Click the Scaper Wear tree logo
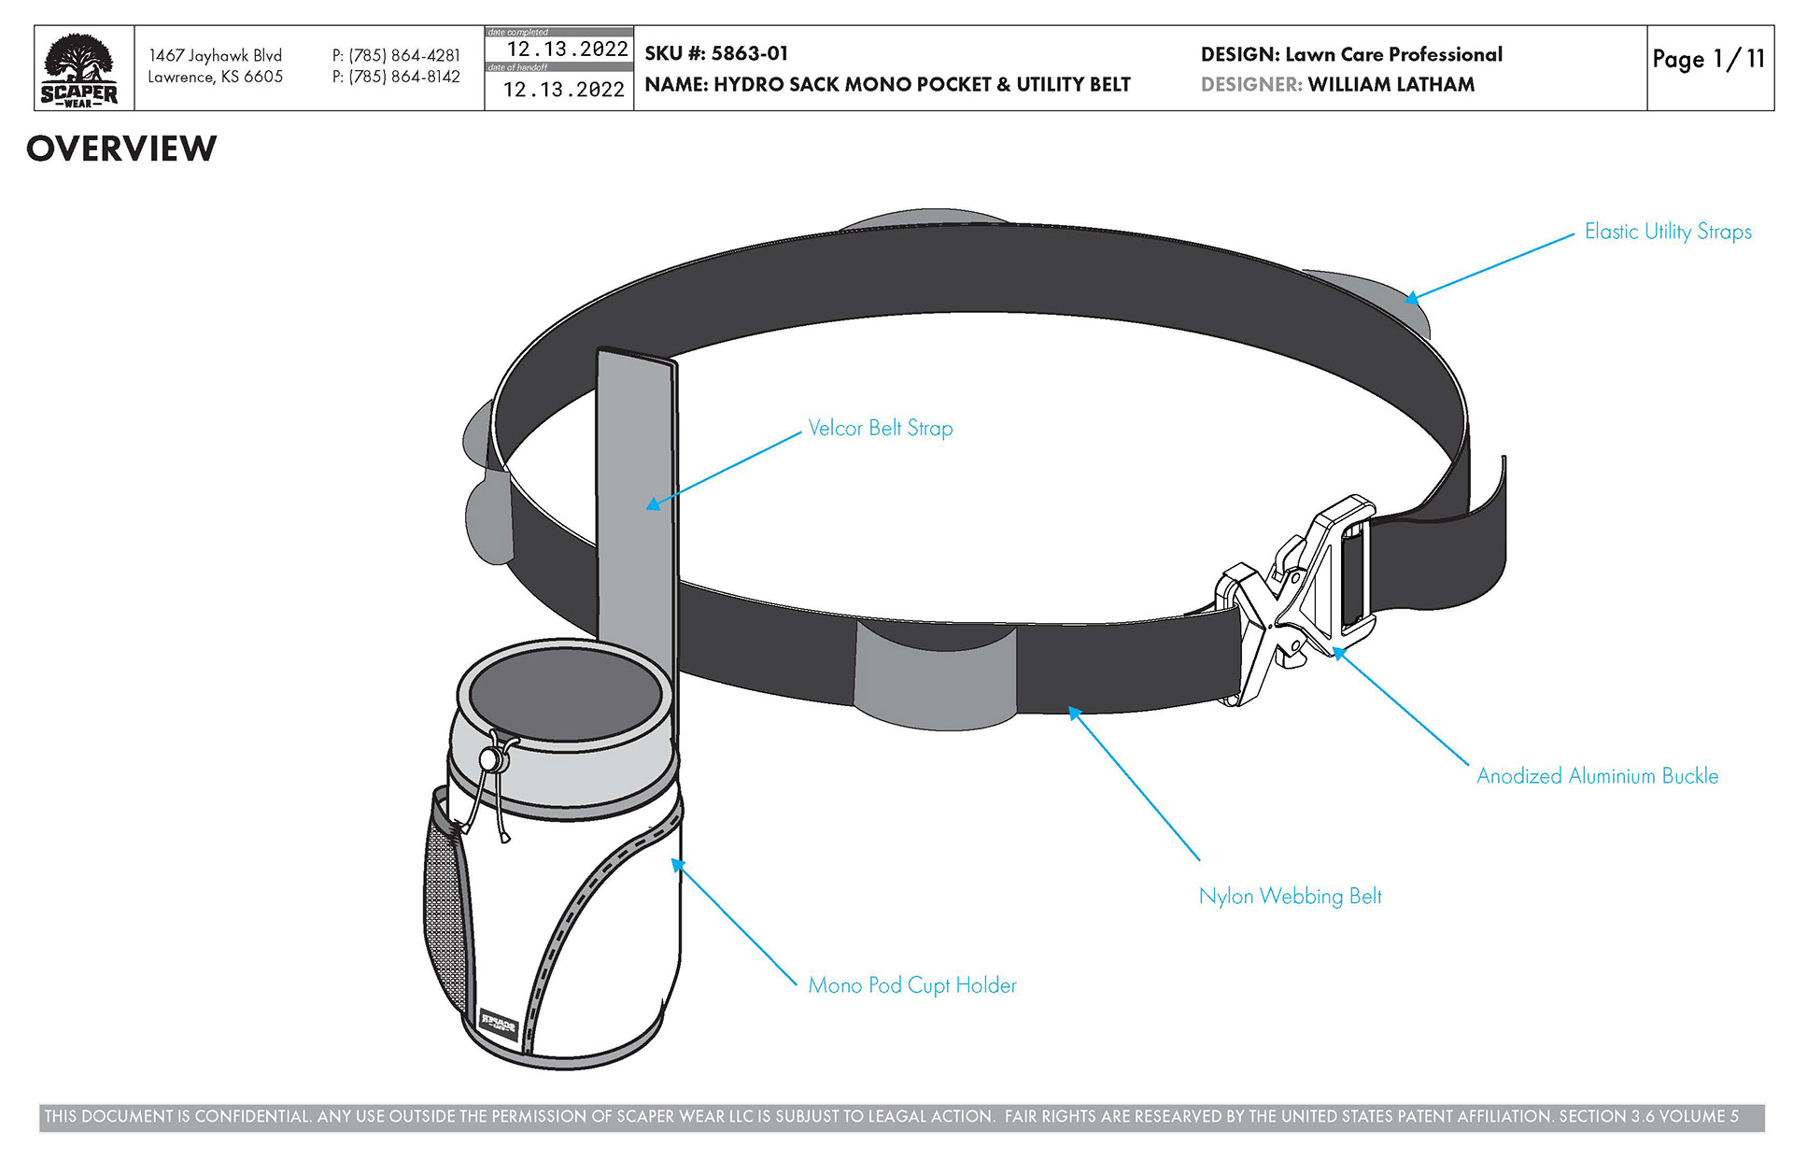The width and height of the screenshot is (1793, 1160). [79, 69]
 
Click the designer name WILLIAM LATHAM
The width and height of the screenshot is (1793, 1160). [1391, 85]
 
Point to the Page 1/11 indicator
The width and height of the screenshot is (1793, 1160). [1708, 60]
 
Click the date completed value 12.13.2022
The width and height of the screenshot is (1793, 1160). [567, 50]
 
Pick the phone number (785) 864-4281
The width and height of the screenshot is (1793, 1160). [396, 56]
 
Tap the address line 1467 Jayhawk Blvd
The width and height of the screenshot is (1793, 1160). [215, 56]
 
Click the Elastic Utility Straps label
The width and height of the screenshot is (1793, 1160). [1667, 232]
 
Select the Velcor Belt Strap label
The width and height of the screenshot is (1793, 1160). [880, 429]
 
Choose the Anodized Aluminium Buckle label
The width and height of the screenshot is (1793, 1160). [1596, 776]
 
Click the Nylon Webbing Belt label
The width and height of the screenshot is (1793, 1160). [1290, 897]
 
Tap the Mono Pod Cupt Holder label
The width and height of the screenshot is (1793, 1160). [911, 985]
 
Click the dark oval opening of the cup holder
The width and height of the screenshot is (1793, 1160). [565, 694]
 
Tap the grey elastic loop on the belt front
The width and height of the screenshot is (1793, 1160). [935, 674]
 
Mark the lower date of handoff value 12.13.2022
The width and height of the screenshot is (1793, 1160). [563, 91]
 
